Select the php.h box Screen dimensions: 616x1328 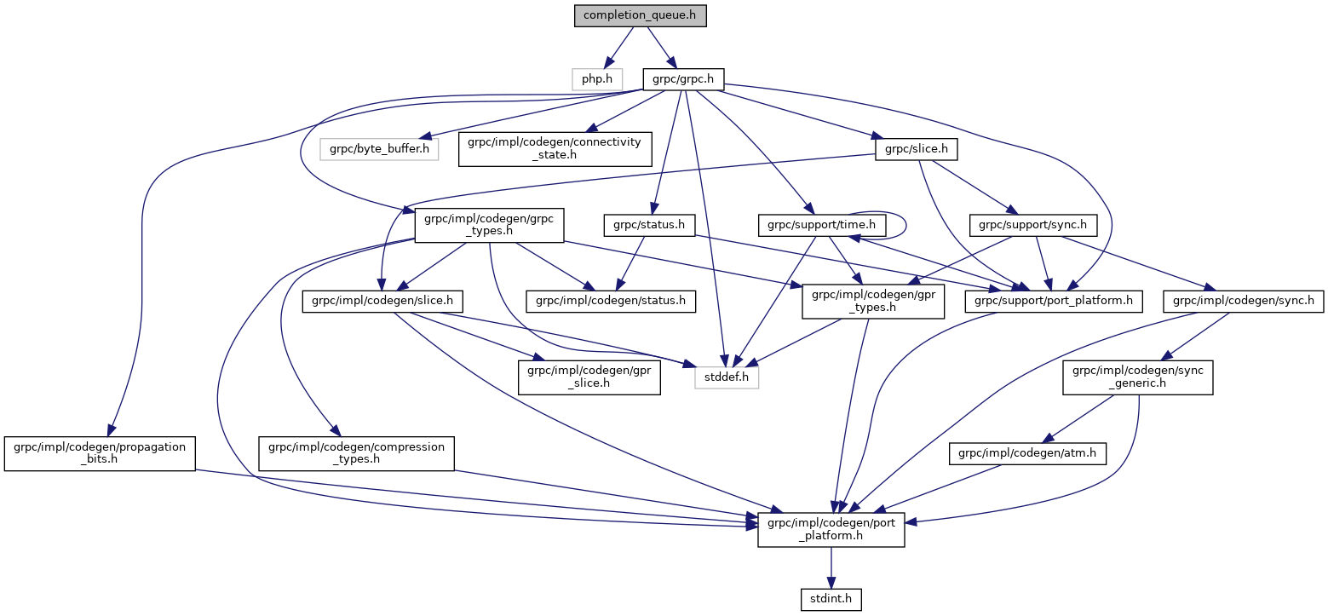(x=596, y=79)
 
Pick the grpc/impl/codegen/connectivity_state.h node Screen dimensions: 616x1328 (x=555, y=149)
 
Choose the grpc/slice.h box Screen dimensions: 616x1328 (x=916, y=149)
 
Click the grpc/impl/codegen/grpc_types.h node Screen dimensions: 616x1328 (x=484, y=225)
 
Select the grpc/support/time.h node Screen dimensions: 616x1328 (x=822, y=225)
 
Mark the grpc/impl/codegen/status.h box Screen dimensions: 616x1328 (x=611, y=300)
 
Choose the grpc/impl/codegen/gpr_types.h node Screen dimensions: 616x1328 (x=873, y=300)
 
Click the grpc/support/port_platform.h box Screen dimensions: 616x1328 (x=1054, y=300)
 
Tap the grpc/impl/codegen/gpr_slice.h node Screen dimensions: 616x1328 (x=589, y=376)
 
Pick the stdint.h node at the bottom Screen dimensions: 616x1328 (x=831, y=600)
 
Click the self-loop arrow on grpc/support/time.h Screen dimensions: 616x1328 (x=904, y=224)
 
